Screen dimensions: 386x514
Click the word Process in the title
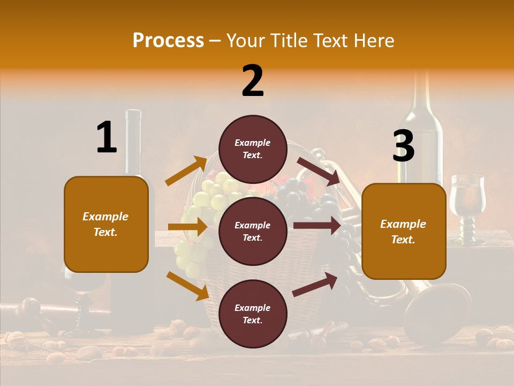pyautogui.click(x=168, y=41)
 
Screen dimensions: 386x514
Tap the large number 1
pyautogui.click(x=107, y=137)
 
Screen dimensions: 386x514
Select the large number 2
pyautogui.click(x=253, y=81)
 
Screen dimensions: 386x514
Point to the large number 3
pyautogui.click(x=404, y=146)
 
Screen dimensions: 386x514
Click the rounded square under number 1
pyautogui.click(x=106, y=224)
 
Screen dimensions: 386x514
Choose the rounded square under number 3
pyautogui.click(x=404, y=231)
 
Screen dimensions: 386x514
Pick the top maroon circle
pyautogui.click(x=253, y=149)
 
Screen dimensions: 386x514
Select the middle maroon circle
pyautogui.click(x=253, y=232)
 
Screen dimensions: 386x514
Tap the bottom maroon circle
pyautogui.click(x=253, y=314)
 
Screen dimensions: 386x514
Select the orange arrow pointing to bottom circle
pyautogui.click(x=187, y=286)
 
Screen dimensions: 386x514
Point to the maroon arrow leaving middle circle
pyautogui.click(x=317, y=225)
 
